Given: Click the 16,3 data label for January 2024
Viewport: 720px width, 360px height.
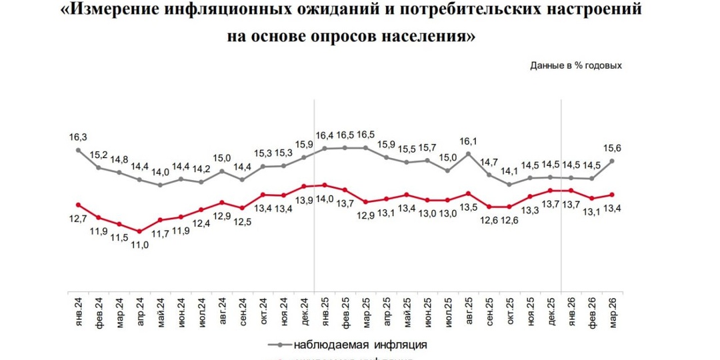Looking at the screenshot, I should [x=78, y=136].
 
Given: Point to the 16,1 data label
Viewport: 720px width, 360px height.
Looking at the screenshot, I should [x=469, y=141].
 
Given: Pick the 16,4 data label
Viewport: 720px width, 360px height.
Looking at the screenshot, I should [x=325, y=135].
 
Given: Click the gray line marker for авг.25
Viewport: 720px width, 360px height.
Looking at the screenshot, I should [x=469, y=153].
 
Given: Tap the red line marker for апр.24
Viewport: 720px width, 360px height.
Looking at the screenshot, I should [x=139, y=231].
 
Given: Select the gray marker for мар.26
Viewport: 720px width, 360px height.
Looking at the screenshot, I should [x=612, y=161].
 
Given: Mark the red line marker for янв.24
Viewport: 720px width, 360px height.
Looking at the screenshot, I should [x=78, y=205].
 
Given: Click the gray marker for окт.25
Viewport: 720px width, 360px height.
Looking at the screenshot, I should [x=509, y=185].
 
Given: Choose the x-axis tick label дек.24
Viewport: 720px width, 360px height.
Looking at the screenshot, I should [x=305, y=310].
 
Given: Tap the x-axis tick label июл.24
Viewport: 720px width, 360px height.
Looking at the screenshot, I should [x=202, y=310].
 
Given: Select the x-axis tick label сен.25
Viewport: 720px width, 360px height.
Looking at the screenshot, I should [x=489, y=310].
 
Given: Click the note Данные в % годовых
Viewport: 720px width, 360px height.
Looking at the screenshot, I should [x=576, y=65].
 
